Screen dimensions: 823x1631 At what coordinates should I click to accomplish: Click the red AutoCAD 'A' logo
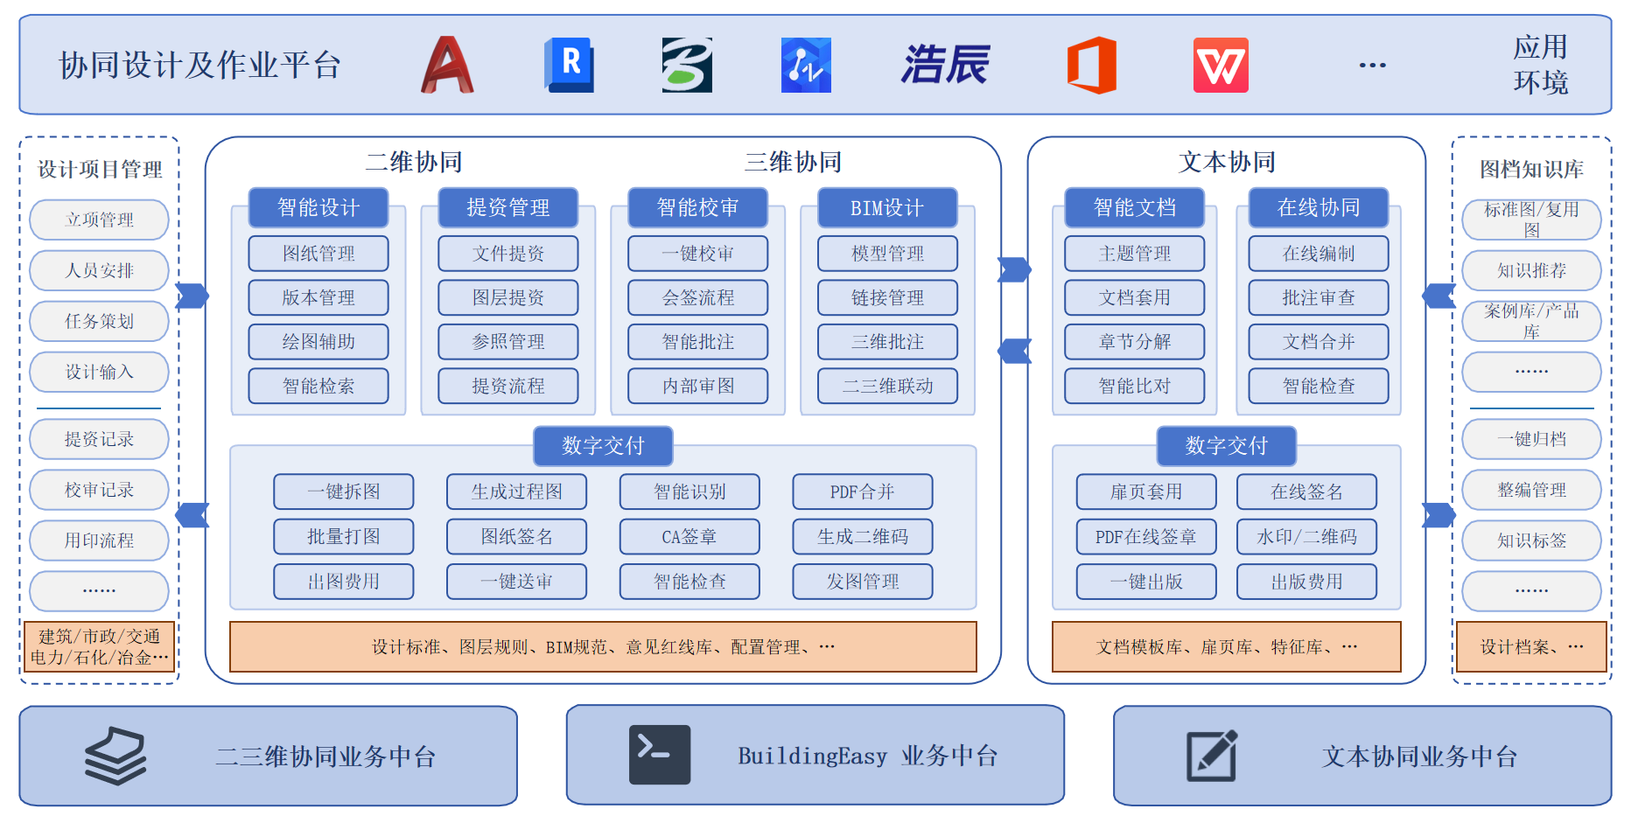[x=447, y=65]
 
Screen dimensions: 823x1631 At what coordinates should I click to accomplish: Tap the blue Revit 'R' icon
[x=570, y=65]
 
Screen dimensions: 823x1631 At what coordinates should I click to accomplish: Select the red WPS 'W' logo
[x=1221, y=65]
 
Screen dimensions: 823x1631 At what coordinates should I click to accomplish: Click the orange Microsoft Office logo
[x=1091, y=65]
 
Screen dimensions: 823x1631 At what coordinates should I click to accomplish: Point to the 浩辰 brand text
[x=945, y=65]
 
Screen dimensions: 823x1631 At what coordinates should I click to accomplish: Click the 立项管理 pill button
[x=99, y=220]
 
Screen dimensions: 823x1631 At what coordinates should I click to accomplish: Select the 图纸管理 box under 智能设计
[x=318, y=254]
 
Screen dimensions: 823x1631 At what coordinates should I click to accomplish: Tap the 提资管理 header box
[x=508, y=207]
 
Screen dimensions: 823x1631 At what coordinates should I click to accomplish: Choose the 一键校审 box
[x=697, y=254]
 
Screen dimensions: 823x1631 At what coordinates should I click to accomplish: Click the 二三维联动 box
[x=887, y=386]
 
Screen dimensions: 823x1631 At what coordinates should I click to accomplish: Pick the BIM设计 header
[x=887, y=207]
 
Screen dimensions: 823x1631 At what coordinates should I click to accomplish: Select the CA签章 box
[x=689, y=536]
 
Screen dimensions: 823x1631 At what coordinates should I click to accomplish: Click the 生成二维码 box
[x=863, y=536]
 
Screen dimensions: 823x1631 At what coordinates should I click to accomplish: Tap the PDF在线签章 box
[x=1146, y=536]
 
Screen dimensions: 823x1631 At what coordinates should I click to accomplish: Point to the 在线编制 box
[x=1319, y=254]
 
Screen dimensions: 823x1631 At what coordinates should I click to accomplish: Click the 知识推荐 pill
[x=1531, y=270]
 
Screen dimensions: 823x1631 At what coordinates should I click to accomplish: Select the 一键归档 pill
[x=1531, y=439]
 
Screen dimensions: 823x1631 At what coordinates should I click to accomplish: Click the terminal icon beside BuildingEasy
[x=660, y=754]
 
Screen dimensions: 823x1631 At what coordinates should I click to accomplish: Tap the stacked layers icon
[x=115, y=756]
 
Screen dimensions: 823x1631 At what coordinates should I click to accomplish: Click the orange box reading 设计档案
[x=1531, y=646]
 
